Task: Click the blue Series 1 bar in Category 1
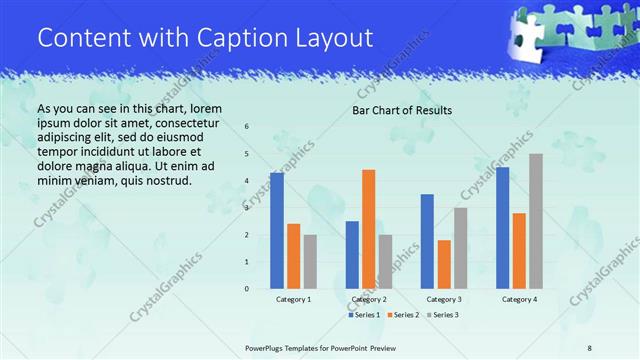point(277,231)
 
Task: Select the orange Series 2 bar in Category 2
point(368,229)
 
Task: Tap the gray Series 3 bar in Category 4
point(535,221)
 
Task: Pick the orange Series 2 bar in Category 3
point(444,264)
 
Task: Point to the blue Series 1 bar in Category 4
point(502,228)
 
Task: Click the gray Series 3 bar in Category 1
point(310,262)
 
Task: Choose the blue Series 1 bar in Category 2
point(352,255)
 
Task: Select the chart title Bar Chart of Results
point(402,110)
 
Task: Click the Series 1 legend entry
point(364,315)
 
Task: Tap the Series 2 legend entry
point(402,315)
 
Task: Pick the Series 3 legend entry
point(441,315)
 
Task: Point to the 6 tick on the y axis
point(247,127)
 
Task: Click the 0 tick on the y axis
point(247,288)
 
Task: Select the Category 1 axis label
point(293,299)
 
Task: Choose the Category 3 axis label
point(444,299)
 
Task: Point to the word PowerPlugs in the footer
point(271,348)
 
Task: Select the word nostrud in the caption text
point(166,180)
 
